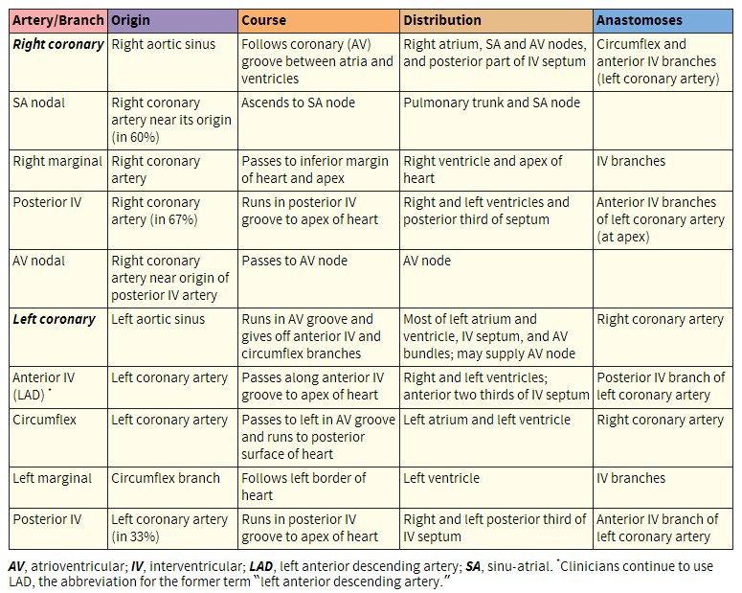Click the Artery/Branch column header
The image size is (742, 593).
point(56,20)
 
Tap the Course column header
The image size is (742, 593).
point(263,20)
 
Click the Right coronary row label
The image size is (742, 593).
point(57,44)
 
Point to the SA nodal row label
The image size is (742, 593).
point(39,103)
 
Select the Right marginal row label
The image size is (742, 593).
point(56,161)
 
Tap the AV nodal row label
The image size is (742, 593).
point(39,261)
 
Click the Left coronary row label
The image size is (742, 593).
point(54,319)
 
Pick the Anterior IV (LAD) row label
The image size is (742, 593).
point(44,386)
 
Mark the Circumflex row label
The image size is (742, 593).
point(44,420)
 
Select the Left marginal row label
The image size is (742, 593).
point(53,478)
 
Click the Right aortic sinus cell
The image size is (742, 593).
point(164,44)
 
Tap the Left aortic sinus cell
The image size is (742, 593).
point(158,319)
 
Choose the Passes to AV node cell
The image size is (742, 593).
point(295,261)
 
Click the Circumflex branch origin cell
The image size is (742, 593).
point(166,478)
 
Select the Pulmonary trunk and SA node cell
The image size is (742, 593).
point(492,103)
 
